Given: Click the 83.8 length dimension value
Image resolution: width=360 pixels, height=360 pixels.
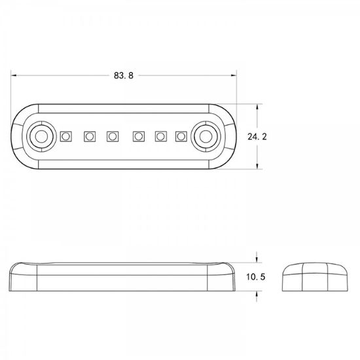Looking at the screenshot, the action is pyautogui.click(x=124, y=75).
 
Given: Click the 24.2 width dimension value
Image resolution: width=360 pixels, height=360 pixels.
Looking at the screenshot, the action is pyautogui.click(x=257, y=137).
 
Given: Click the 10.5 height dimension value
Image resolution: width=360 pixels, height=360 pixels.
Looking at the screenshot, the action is pyautogui.click(x=256, y=277).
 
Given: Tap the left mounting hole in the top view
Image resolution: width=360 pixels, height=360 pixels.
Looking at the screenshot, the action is pyautogui.click(x=41, y=136).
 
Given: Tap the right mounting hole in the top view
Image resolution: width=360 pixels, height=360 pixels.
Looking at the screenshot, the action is pyautogui.click(x=206, y=136).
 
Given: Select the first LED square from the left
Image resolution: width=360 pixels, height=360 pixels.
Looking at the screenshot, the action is pyautogui.click(x=66, y=136).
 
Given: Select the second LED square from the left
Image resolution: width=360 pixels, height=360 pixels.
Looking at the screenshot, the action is pyautogui.click(x=90, y=136).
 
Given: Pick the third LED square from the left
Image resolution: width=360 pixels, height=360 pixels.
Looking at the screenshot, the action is pyautogui.click(x=113, y=136).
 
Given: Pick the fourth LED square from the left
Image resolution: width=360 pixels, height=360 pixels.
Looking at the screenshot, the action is pyautogui.click(x=139, y=136).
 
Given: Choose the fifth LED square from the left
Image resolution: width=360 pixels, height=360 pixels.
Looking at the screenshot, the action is pyautogui.click(x=161, y=136).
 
